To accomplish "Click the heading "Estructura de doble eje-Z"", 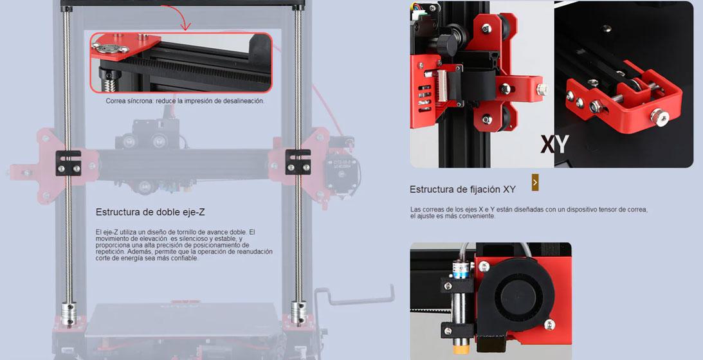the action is tap(151, 212).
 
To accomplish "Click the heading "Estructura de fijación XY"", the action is tap(462, 190).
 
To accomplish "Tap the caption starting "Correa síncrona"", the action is tap(185, 102).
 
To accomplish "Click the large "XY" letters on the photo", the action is tap(554, 145).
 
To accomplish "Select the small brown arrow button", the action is tap(535, 183).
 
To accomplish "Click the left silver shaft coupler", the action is tap(69, 313).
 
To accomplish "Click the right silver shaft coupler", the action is tap(298, 312).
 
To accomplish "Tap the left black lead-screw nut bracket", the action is tap(69, 163).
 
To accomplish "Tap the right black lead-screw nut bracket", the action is tap(298, 162).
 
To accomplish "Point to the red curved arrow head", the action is tap(186, 26).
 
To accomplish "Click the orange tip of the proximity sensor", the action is tap(459, 349).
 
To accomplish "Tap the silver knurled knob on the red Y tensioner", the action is tap(659, 117).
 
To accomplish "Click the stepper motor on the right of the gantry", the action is tap(343, 173).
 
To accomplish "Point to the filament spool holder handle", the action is tap(354, 297).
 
